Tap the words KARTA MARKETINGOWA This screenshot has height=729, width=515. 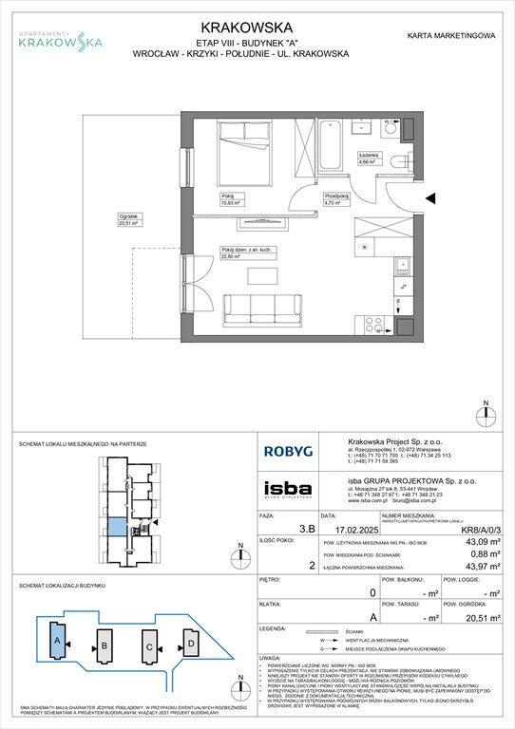pos(450,35)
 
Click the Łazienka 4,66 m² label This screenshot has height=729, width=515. pos(370,159)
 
